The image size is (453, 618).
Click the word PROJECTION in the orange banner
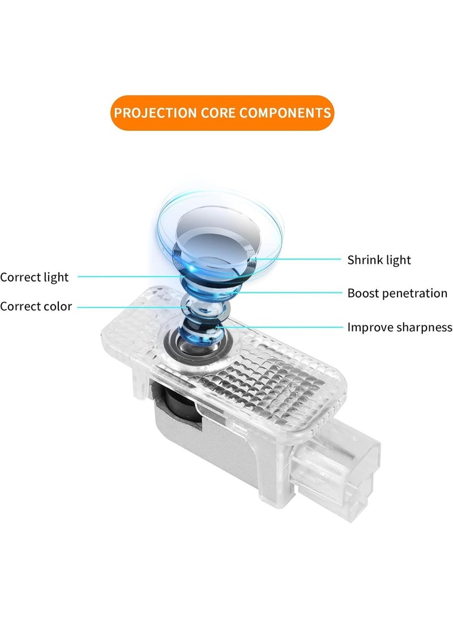156,113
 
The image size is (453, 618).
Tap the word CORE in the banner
218,113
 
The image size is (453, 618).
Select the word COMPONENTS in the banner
285,113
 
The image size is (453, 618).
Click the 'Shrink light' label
379,260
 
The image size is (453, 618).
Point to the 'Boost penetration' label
397,293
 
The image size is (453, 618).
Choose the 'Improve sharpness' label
399,327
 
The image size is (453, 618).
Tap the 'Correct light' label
35,278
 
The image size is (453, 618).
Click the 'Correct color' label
36,306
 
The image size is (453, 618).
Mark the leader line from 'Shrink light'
297,259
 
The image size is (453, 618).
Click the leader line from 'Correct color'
132,307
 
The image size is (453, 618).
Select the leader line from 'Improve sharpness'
280,327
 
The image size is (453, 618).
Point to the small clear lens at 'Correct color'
203,306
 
